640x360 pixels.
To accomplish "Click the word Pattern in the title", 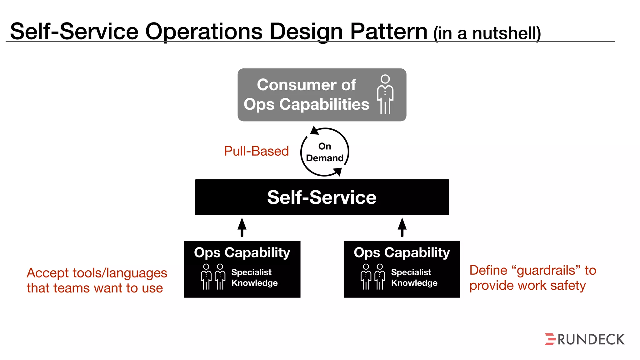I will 388,32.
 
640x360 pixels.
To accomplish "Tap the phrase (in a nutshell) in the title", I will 487,33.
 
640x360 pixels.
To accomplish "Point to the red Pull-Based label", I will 256,151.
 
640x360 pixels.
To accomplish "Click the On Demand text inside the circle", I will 325,152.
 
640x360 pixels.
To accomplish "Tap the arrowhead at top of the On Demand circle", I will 314,131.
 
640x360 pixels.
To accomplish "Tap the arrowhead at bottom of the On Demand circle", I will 338,172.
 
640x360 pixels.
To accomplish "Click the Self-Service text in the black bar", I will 322,197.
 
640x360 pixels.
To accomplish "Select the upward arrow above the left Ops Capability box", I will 242,227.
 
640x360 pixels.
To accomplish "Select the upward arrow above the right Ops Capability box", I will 402,227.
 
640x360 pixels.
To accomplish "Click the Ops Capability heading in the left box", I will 242,252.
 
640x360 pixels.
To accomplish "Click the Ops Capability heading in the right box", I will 402,252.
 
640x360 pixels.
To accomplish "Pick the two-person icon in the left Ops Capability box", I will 213,277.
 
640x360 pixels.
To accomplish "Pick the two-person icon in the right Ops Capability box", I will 373,277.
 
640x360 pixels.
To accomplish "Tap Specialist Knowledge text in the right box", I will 414,277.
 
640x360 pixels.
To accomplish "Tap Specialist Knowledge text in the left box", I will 254,277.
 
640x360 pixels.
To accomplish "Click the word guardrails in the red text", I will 546,270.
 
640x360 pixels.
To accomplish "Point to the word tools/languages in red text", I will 120,273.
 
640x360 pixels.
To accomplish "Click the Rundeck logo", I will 584,339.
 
